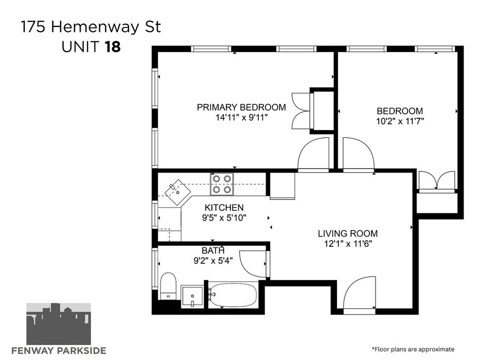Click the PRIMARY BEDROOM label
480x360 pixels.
(241, 107)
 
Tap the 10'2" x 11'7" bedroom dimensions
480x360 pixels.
(400, 121)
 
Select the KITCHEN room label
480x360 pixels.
(224, 208)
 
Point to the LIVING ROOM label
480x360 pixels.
(348, 233)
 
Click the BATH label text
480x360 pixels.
(213, 251)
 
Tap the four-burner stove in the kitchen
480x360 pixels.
(222, 184)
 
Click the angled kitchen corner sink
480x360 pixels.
(178, 192)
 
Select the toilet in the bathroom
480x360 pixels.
(168, 286)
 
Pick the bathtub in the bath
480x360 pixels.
(233, 295)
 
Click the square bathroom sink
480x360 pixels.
(192, 296)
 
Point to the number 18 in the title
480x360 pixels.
(113, 47)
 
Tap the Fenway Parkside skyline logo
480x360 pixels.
(58, 324)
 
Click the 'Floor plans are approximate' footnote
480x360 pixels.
(413, 349)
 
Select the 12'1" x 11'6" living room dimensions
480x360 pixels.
(348, 244)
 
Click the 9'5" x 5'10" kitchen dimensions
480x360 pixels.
(224, 218)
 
